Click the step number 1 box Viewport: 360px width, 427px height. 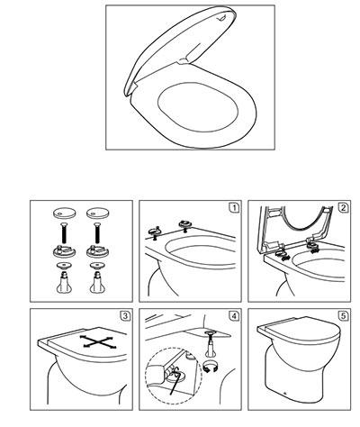point(234,208)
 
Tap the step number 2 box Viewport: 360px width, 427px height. point(343,208)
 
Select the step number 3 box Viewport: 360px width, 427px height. point(125,316)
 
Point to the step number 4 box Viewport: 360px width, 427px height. point(234,316)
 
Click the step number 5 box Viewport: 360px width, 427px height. point(343,316)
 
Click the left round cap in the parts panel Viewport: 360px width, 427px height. point(65,213)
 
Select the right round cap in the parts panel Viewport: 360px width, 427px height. point(98,213)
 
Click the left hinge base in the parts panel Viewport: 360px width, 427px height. point(65,251)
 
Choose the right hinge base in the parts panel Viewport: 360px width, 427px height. point(98,251)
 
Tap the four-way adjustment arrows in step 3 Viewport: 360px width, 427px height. point(98,341)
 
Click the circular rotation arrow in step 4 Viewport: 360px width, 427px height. point(211,367)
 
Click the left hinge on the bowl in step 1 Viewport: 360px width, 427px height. point(155,232)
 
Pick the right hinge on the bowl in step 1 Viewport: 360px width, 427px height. point(185,224)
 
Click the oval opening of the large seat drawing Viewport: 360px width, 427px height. point(198,106)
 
